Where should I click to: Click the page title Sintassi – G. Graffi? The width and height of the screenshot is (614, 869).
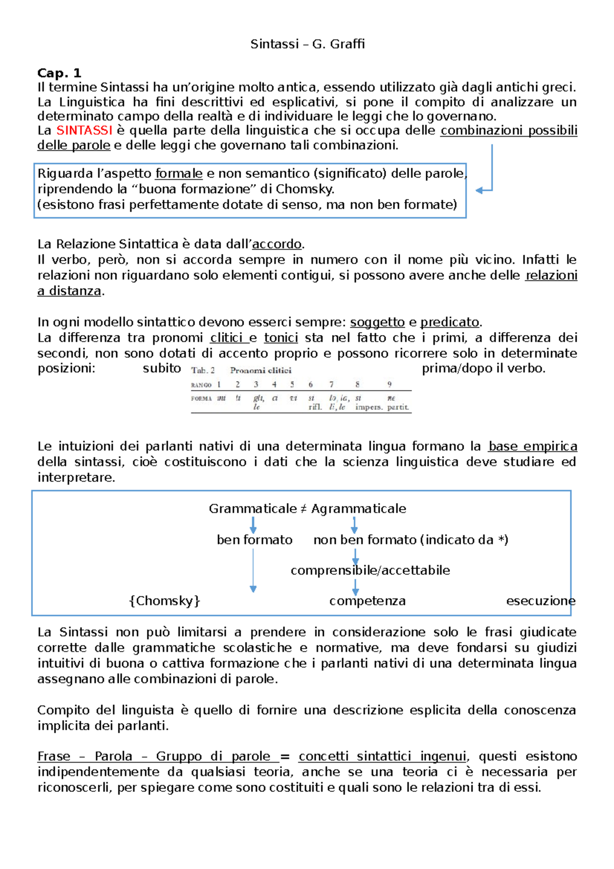(x=308, y=44)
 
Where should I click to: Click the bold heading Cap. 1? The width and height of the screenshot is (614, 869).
(x=59, y=73)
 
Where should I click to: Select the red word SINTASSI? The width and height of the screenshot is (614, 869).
(x=84, y=131)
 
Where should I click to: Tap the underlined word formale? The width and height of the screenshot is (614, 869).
(x=179, y=173)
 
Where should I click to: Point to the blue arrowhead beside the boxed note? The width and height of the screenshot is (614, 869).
(x=479, y=190)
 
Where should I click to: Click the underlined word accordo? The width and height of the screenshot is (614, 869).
(x=277, y=244)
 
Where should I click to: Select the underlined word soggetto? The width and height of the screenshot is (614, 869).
(x=377, y=322)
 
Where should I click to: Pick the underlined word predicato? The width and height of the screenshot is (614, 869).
(x=449, y=322)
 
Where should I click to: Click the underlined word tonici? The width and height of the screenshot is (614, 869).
(x=281, y=338)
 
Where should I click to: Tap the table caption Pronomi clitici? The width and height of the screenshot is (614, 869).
(x=260, y=370)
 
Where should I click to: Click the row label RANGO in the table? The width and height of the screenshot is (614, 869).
(x=201, y=385)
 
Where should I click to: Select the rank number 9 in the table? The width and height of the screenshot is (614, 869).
(x=389, y=384)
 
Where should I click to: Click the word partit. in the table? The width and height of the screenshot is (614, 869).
(x=398, y=407)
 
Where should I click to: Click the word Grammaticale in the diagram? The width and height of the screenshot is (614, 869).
(x=252, y=509)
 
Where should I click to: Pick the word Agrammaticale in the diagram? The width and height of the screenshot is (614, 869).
(x=358, y=509)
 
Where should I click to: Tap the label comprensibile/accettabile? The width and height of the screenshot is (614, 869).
(x=370, y=570)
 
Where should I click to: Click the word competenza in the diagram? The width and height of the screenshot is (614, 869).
(x=367, y=601)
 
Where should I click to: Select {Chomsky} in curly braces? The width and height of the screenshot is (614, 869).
(x=164, y=601)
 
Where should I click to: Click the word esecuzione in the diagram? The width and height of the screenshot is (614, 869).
(x=540, y=601)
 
